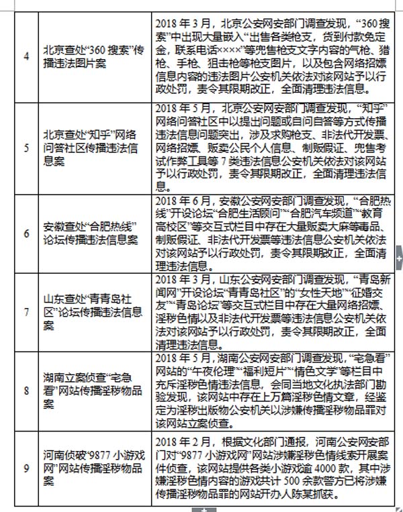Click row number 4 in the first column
pyautogui.click(x=26, y=56)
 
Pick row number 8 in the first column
pyautogui.click(x=26, y=389)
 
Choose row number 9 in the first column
pyautogui.click(x=26, y=468)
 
